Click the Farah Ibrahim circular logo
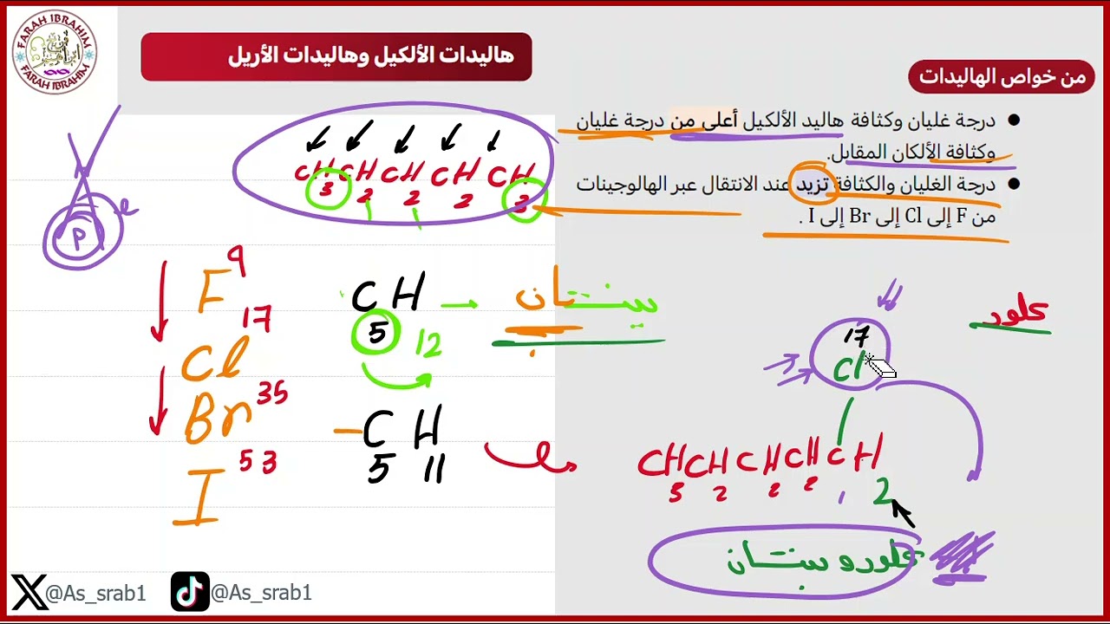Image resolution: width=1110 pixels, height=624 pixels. point(54,52)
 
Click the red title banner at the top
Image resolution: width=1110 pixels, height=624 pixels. point(336,56)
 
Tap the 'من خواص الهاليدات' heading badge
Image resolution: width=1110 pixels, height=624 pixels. point(1002,77)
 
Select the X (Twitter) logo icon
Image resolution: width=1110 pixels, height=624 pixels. point(29,593)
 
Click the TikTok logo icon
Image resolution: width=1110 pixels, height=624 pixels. point(190,593)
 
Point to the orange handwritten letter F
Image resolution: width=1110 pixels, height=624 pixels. point(211,292)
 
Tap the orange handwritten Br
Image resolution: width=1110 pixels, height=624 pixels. point(217,418)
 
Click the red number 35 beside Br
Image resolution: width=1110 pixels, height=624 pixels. point(271,395)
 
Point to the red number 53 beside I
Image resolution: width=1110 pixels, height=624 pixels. point(257,463)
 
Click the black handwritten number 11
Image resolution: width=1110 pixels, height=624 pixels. point(433,471)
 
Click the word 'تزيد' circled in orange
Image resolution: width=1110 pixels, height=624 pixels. point(813,185)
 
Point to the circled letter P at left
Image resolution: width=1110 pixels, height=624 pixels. point(81,237)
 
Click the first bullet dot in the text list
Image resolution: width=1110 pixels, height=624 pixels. point(1014,120)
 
